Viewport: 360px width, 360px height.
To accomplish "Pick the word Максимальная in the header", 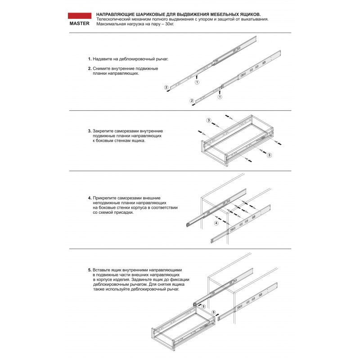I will pyautogui.click(x=110, y=24).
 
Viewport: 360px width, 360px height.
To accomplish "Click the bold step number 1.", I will pyautogui.click(x=90, y=59).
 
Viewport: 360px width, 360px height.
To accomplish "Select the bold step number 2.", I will pyautogui.click(x=90, y=68).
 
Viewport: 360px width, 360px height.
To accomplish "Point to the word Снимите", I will pyautogui.click(x=102, y=68).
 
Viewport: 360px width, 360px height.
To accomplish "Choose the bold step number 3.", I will pyautogui.click(x=90, y=131).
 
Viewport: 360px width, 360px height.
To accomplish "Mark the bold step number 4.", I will pyautogui.click(x=90, y=198).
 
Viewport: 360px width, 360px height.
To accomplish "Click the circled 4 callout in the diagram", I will pyautogui.click(x=216, y=223).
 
